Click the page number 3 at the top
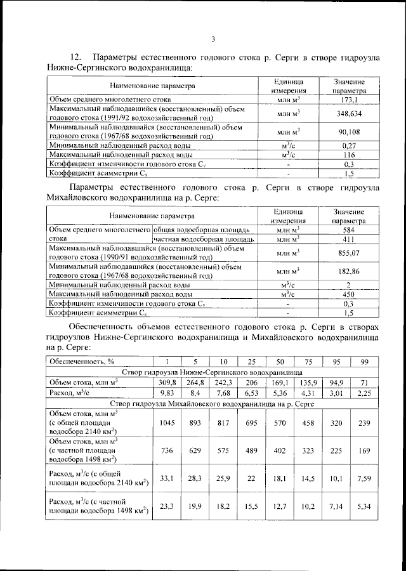[x=214, y=39]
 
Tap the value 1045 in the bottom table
[x=166, y=422]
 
